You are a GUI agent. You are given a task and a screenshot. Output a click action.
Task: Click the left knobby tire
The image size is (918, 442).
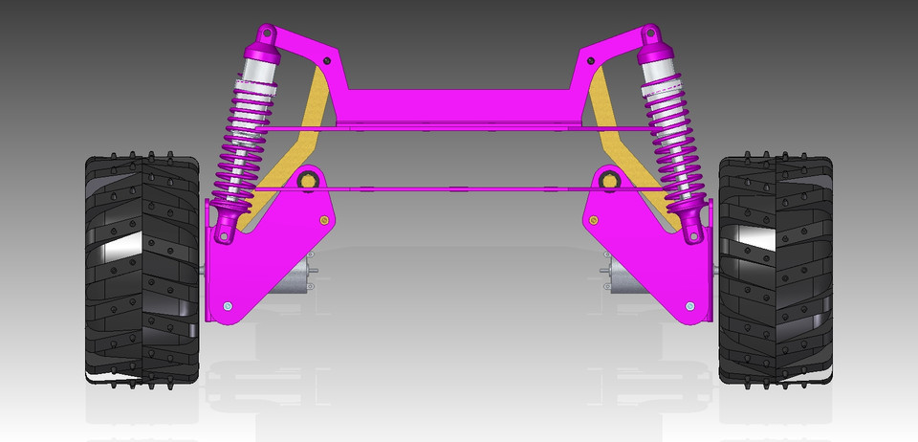point(142,268)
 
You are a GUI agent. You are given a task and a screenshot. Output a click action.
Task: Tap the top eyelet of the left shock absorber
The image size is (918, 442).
point(264,38)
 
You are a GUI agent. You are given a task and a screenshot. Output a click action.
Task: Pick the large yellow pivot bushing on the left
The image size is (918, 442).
point(309,180)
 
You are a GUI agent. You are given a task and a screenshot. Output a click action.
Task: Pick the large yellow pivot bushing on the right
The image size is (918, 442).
point(608,179)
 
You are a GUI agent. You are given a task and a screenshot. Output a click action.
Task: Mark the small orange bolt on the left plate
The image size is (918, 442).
point(324,221)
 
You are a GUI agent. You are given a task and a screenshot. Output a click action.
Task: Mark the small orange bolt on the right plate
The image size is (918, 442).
point(594,221)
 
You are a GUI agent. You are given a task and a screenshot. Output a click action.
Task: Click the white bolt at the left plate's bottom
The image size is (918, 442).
point(229,305)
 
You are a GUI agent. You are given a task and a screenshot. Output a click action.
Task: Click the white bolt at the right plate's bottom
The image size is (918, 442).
point(688,305)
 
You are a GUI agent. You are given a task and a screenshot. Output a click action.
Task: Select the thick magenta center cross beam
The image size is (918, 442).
point(459,105)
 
